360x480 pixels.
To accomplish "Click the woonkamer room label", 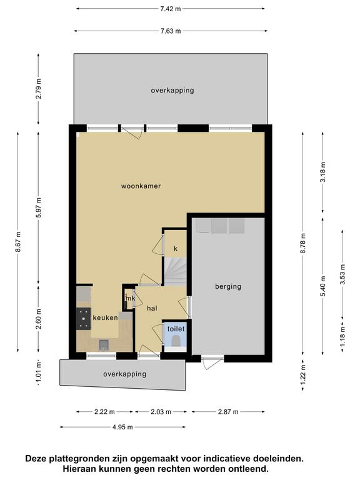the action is pos(141,186).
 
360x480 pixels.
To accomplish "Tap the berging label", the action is pos(228,287).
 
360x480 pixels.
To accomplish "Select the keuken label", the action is pos(105,317).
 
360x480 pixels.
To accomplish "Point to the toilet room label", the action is pos(176,329).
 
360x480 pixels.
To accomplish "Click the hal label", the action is pos(152,308).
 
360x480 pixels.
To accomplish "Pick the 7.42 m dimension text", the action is pos(171,9).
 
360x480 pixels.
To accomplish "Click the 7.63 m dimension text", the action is pos(171,31).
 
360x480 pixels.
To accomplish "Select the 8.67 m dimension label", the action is pos(18,242).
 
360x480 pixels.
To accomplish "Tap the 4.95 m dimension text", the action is pos(122,427).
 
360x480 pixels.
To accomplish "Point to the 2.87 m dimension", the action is pos(228,412).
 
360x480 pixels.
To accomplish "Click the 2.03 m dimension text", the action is pos(161,412).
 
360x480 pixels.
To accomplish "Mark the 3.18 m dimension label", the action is pos(323,172).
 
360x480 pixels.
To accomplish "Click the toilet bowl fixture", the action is pos(176,341).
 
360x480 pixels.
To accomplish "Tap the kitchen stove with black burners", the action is pos(83,319).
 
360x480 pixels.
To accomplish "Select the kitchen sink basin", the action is pos(104,345).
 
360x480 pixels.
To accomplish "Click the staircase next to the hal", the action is pos(176,271).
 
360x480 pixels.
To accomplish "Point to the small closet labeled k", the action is pos(176,244).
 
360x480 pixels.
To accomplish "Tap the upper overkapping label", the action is pos(172,91).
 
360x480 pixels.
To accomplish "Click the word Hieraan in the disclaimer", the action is pos(77,469).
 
